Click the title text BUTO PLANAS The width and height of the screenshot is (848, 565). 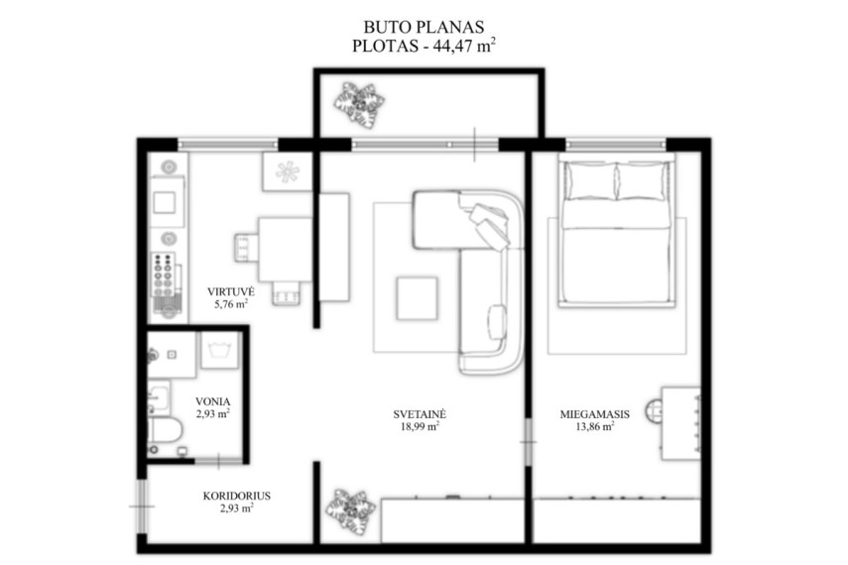[424, 27]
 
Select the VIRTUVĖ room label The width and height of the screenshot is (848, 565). [230, 292]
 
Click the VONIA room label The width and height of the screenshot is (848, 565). [212, 401]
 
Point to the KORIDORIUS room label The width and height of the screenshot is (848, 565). [237, 496]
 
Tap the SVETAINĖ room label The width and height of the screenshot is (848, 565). [420, 414]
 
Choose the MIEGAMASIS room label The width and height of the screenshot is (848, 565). [594, 414]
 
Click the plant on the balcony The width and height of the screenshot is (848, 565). [359, 105]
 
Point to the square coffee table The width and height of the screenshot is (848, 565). [417, 298]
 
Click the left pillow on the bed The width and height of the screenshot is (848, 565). [589, 180]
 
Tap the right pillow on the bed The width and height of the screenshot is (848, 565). [642, 180]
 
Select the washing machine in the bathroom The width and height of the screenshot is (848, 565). [219, 350]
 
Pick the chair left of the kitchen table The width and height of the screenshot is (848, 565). [247, 248]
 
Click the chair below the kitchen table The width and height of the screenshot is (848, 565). [286, 292]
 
